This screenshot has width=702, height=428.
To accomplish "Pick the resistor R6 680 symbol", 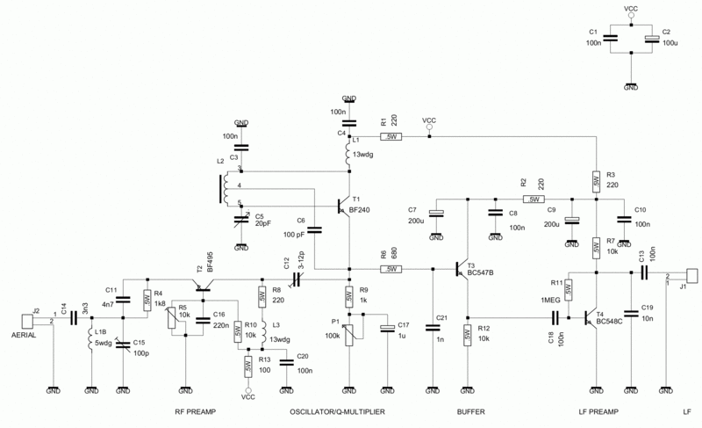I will pos(391,269).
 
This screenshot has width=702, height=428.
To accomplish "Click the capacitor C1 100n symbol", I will pos(611,37).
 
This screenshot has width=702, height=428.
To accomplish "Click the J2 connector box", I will pos(27,319).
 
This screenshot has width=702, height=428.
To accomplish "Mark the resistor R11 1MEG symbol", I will pos(569,288).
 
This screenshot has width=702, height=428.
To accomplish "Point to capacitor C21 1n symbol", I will pos(433,328).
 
